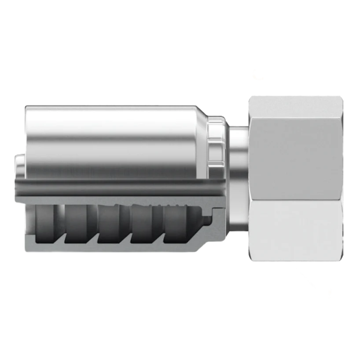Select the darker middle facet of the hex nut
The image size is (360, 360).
point(296,149)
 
